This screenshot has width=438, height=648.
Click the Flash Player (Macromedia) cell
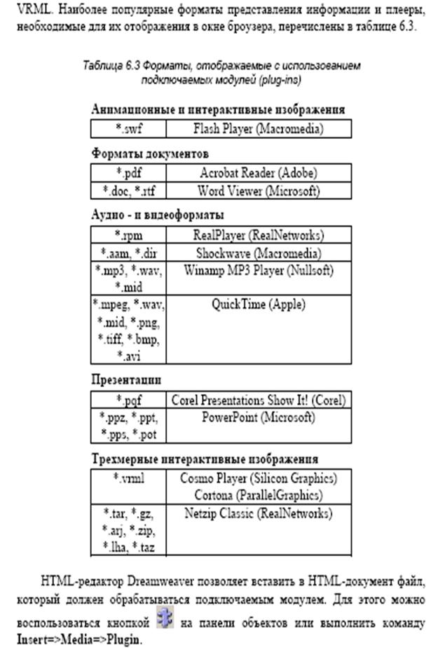(x=257, y=128)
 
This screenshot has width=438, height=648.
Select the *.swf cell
(x=129, y=128)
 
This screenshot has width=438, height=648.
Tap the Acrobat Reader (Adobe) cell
(x=257, y=173)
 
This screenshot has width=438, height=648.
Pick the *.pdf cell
(x=129, y=173)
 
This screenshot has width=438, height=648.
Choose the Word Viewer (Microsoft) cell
(x=257, y=190)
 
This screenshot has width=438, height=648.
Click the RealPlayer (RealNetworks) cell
(x=257, y=235)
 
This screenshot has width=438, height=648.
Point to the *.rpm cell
(x=129, y=235)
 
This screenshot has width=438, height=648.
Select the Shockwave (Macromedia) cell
(x=257, y=252)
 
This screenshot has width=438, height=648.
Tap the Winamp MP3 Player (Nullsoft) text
(x=257, y=270)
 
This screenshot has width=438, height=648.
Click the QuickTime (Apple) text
(x=257, y=304)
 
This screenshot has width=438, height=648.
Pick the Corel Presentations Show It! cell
(x=258, y=400)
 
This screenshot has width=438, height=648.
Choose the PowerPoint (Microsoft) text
(x=257, y=418)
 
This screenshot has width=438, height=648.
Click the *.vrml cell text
(x=129, y=478)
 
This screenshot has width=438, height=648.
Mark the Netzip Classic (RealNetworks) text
(x=257, y=513)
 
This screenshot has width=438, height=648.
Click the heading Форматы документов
(x=150, y=153)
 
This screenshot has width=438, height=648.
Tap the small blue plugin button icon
(x=165, y=620)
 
